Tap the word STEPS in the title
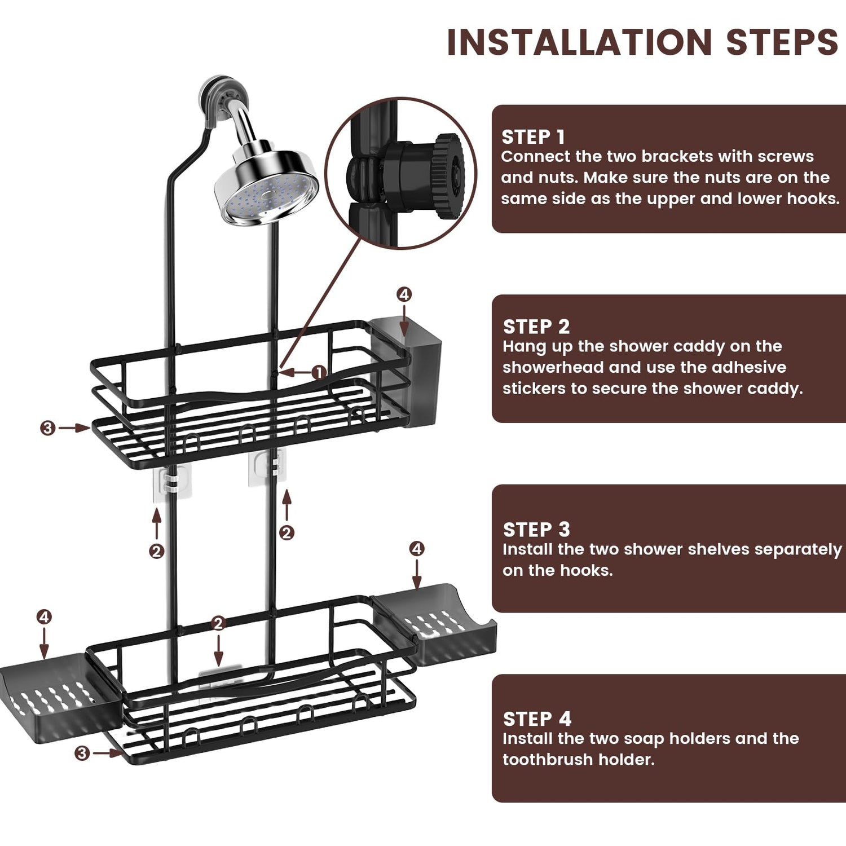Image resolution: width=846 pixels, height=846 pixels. point(782,43)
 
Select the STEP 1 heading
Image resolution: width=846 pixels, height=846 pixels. point(533,137)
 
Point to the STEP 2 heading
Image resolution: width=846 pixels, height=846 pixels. point(536,327)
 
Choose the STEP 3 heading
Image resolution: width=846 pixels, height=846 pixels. point(536,530)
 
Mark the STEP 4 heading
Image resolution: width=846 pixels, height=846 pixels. point(537,719)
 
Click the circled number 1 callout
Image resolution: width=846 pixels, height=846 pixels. point(319,372)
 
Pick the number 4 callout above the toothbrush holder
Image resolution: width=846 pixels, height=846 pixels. point(404,294)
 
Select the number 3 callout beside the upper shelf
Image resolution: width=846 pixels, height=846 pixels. point(47,428)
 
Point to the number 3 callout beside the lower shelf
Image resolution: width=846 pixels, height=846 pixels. point(82,753)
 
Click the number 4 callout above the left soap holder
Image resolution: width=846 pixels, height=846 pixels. point(44,617)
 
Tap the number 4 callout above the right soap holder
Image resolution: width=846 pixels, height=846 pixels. point(416,548)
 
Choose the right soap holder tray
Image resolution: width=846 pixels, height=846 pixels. point(437,623)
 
